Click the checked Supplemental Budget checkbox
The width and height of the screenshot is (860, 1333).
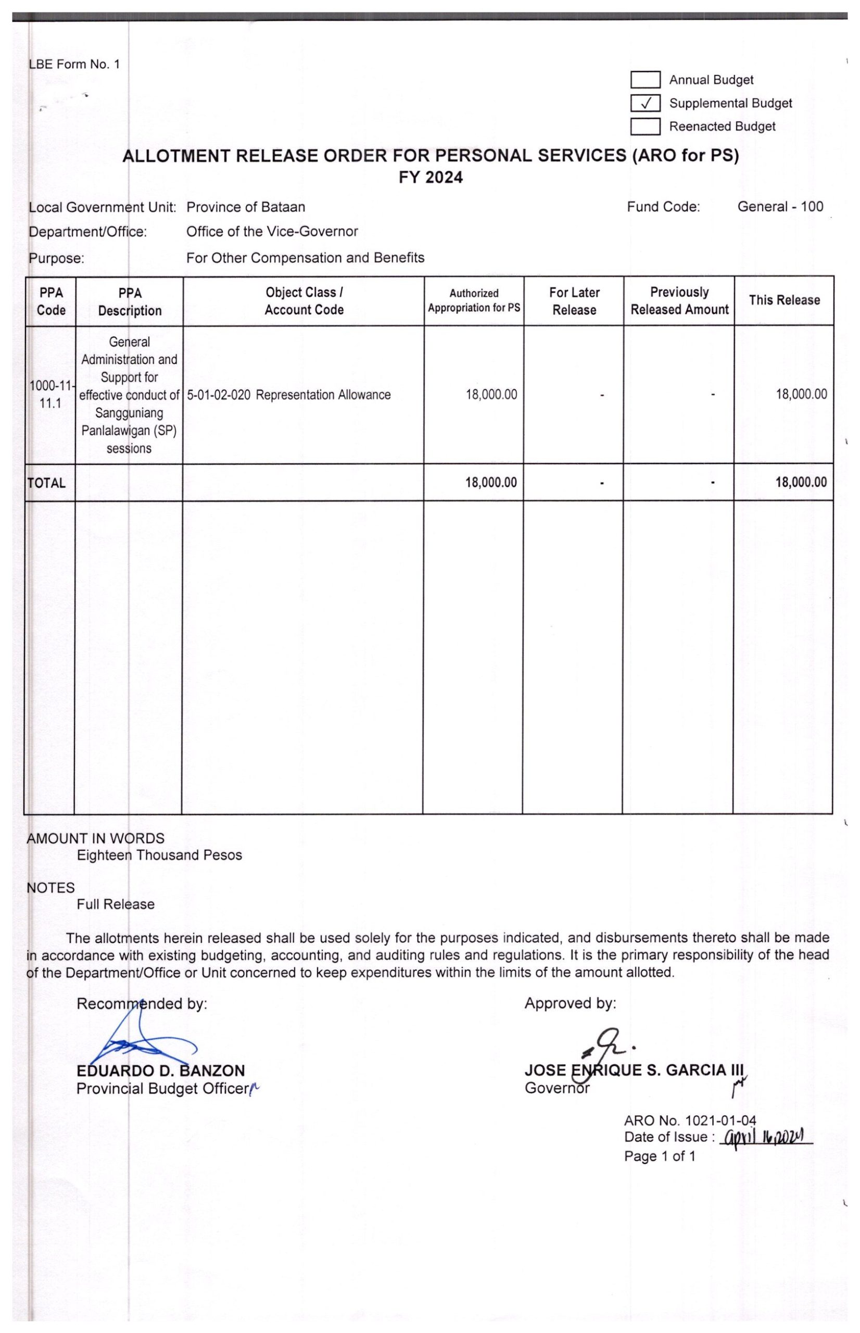click(646, 103)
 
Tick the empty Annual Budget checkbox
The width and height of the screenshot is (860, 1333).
click(646, 80)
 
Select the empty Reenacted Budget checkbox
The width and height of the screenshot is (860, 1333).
click(646, 127)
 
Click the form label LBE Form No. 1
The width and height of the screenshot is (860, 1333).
click(74, 64)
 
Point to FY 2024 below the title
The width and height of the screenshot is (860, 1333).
click(431, 178)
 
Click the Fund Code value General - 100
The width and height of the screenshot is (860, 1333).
click(780, 207)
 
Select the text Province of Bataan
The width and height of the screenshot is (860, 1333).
click(246, 207)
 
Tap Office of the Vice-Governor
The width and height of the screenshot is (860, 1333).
click(272, 231)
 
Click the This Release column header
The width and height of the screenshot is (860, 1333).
click(784, 300)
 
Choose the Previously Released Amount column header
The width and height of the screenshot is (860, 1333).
click(679, 300)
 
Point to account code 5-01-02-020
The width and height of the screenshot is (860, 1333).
click(218, 395)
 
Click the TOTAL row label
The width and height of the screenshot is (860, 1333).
click(47, 483)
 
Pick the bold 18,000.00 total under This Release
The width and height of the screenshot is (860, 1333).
click(801, 482)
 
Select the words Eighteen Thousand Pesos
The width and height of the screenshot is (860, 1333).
click(159, 855)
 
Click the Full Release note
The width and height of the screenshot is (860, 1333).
click(116, 904)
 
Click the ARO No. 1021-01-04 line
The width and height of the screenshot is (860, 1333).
click(690, 1120)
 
